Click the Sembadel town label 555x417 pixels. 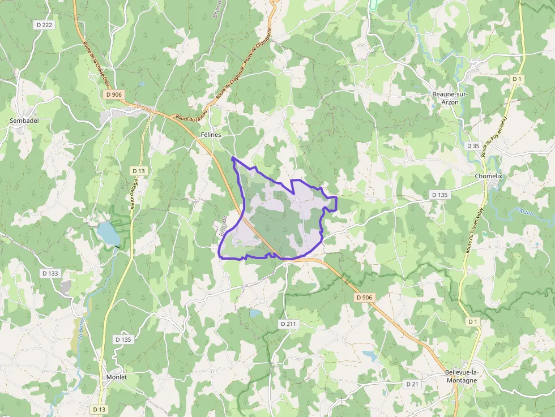pos(22,121)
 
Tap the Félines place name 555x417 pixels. pos(211,135)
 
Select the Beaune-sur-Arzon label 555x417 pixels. pos(450,98)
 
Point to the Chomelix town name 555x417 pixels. pos(489,176)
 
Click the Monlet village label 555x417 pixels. pos(117,377)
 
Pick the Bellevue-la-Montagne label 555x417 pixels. pos(461,376)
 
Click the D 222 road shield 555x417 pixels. pos(44,25)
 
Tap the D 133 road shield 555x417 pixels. pos(50,273)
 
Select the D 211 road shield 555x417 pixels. pos(289,324)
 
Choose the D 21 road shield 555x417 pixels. pos(412,384)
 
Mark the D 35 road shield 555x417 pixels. pos(473,145)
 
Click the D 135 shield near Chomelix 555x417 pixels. pos(439,195)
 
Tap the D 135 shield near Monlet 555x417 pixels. pos(123,339)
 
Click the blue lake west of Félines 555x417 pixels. pos(108,233)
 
